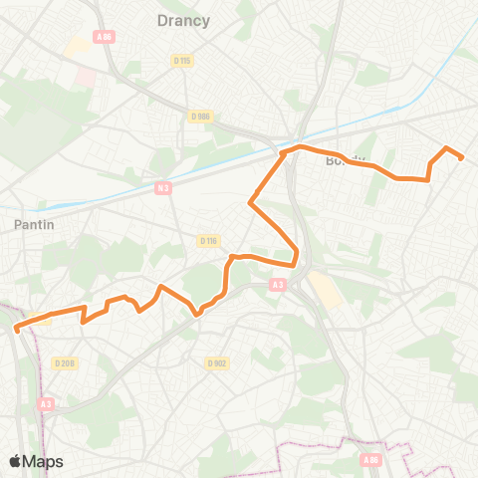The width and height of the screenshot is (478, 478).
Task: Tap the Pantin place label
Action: [x=34, y=225]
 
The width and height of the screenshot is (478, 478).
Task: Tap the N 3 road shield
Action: [x=162, y=186]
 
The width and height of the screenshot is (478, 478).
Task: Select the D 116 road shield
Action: [x=207, y=240]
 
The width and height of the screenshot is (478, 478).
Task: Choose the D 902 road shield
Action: [x=217, y=363]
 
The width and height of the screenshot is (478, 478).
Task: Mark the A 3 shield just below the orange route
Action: [x=277, y=285]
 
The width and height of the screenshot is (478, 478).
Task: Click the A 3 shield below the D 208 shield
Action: [x=47, y=404]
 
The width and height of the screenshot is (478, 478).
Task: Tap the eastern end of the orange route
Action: [x=461, y=157]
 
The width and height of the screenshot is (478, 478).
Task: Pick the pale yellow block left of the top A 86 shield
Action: [x=76, y=46]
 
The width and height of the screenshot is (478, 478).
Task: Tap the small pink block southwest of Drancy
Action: [x=85, y=76]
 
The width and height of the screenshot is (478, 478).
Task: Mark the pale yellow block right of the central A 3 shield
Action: [x=325, y=290]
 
